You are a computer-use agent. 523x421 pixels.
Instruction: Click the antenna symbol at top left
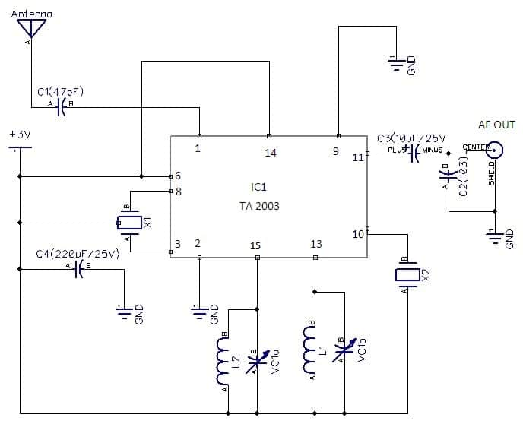(x=31, y=28)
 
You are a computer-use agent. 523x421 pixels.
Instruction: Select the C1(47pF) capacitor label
(x=60, y=92)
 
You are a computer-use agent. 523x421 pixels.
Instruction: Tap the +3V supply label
(x=20, y=134)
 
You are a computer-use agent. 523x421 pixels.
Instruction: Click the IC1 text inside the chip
(x=259, y=186)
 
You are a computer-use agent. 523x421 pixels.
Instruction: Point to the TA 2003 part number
(x=259, y=206)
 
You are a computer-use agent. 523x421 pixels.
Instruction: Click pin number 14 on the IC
(x=270, y=153)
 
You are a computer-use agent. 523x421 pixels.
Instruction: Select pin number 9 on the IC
(x=336, y=151)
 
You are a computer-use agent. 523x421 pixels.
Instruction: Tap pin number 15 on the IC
(x=255, y=245)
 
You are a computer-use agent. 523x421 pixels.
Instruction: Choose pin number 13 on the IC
(x=316, y=244)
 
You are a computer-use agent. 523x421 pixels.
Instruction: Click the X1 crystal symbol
(x=129, y=223)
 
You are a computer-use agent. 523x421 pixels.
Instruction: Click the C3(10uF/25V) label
(x=411, y=139)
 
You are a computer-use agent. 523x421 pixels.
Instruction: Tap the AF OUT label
(x=496, y=125)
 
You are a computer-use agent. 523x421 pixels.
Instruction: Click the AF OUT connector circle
(x=495, y=150)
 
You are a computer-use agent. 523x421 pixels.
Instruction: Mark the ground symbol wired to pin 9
(x=396, y=65)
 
